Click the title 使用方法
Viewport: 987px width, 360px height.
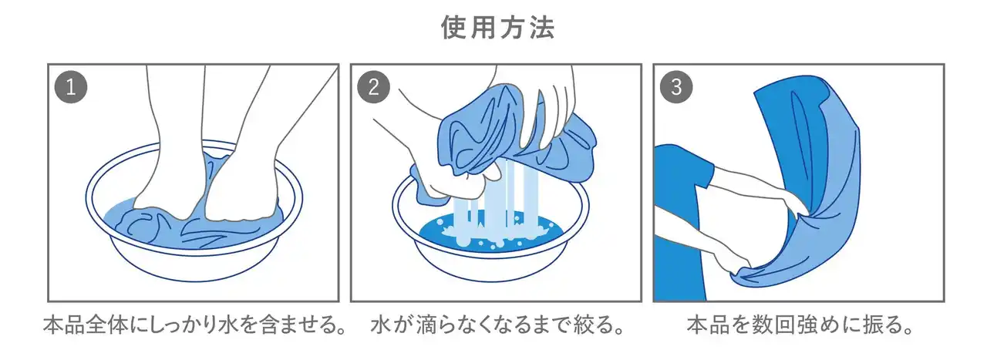tap(498, 27)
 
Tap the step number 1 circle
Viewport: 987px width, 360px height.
tap(70, 87)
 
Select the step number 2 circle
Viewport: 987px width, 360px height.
tap(373, 87)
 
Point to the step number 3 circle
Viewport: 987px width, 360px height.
tap(676, 87)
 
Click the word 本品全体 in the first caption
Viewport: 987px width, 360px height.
tap(86, 325)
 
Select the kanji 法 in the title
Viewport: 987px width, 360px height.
tap(542, 27)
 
